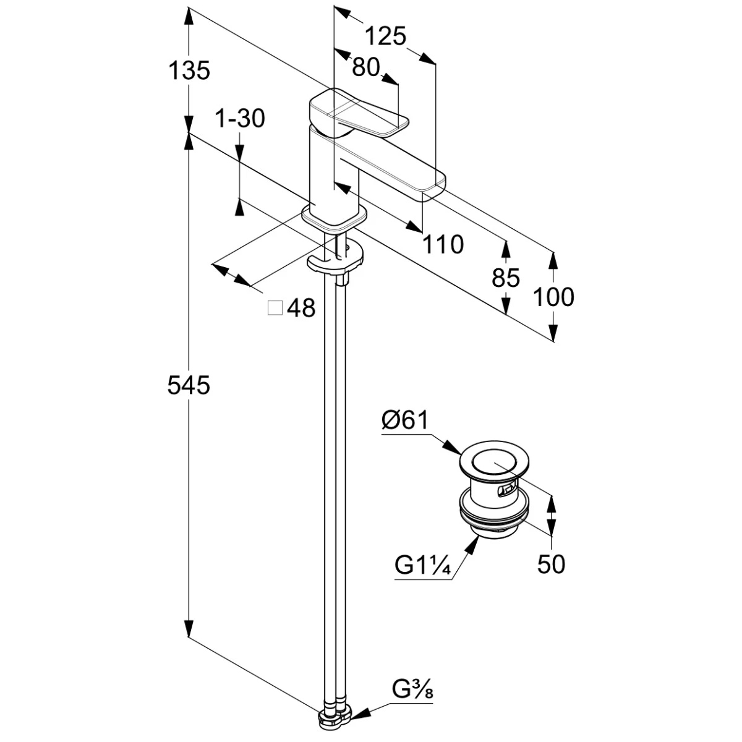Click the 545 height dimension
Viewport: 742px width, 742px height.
click(x=189, y=385)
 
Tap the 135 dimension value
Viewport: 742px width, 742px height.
click(x=189, y=71)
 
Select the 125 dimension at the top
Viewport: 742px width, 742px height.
click(x=385, y=37)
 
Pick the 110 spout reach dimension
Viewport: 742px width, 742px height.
click(x=443, y=245)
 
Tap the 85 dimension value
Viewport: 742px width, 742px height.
click(x=506, y=278)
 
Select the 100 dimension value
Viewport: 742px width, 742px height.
click(x=553, y=297)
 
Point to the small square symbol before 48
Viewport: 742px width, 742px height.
click(x=275, y=308)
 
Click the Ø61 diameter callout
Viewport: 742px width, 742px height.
click(x=405, y=421)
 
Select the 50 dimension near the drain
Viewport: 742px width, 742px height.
click(x=551, y=563)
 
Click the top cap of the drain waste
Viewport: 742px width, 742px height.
click(x=493, y=459)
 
